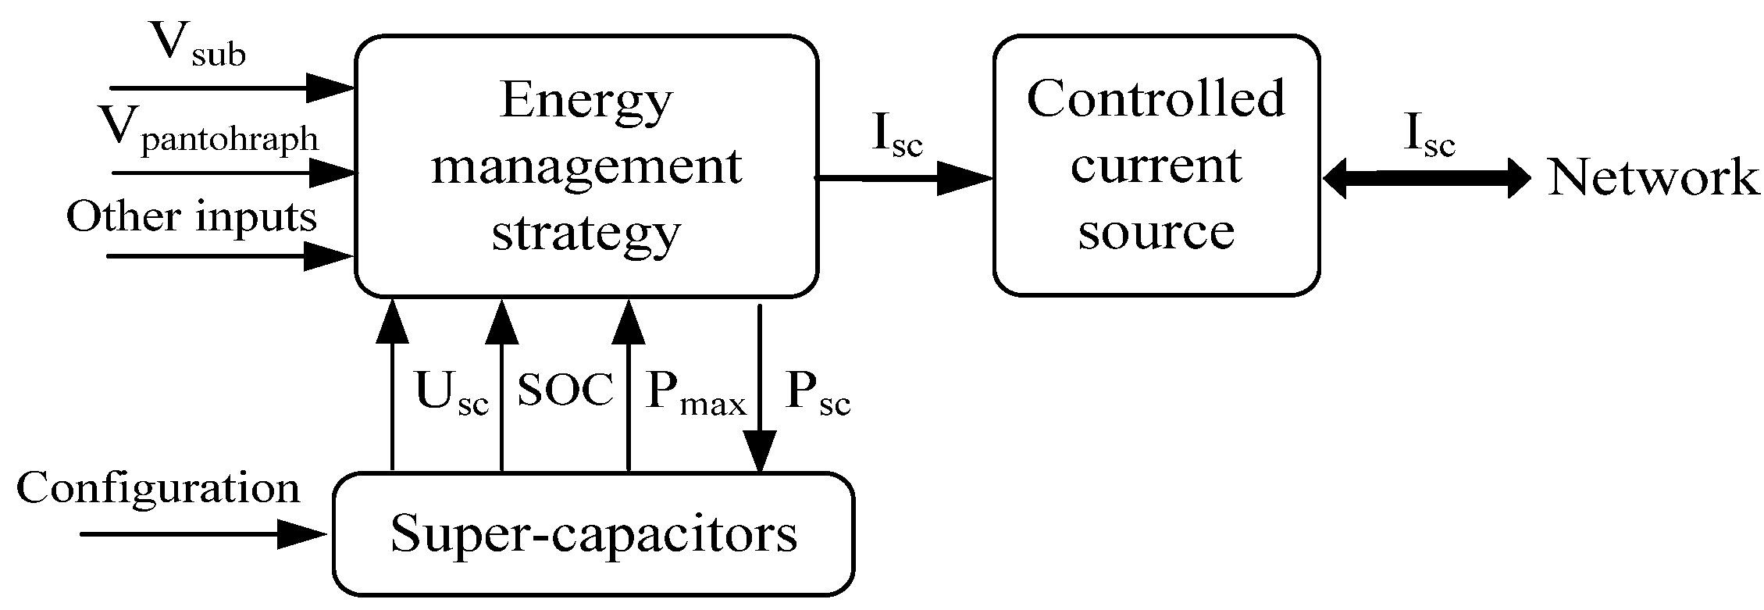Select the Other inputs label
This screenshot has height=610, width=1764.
tap(191, 216)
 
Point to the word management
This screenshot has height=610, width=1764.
tap(586, 166)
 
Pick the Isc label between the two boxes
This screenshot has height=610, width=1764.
tap(896, 137)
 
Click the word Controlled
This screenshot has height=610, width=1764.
tap(1156, 99)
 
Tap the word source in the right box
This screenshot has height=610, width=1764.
tap(1156, 231)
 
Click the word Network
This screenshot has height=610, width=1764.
tap(1653, 178)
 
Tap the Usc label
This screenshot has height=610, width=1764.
tap(451, 392)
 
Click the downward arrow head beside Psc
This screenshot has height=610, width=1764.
tap(760, 453)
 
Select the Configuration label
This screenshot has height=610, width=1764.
tap(158, 489)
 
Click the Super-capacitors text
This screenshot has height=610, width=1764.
tap(593, 534)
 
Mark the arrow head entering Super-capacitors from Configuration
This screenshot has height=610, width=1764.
tap(305, 534)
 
